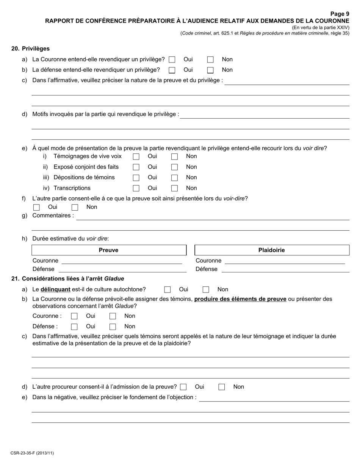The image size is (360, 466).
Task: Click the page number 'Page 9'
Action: (x=340, y=14)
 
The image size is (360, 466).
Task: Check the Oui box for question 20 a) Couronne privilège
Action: (x=172, y=59)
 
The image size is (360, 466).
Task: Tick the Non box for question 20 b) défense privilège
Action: (x=210, y=70)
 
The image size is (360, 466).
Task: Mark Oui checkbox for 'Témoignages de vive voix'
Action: (x=136, y=156)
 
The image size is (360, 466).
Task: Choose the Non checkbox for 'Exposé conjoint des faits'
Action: (x=174, y=167)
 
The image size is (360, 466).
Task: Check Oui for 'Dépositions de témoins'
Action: (x=136, y=178)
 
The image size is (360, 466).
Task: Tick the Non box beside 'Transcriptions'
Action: (x=174, y=188)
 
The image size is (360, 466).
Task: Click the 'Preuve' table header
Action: (x=109, y=250)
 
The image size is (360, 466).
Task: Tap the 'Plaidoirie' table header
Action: (x=272, y=250)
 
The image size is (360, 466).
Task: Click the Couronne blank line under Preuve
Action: (x=122, y=261)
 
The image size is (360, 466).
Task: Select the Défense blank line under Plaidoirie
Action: (x=285, y=269)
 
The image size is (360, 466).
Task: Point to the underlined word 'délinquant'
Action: (x=55, y=289)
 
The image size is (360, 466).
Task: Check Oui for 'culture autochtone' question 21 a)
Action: (x=167, y=290)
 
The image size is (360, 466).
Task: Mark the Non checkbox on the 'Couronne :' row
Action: (x=113, y=316)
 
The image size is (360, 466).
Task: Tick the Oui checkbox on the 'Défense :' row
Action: (x=74, y=327)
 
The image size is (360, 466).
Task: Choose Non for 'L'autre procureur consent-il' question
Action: (x=222, y=387)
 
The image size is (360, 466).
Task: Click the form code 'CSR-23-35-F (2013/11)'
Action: (x=32, y=453)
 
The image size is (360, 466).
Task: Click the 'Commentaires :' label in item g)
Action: (x=53, y=216)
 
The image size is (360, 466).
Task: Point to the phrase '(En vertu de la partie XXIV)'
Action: (x=320, y=28)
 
